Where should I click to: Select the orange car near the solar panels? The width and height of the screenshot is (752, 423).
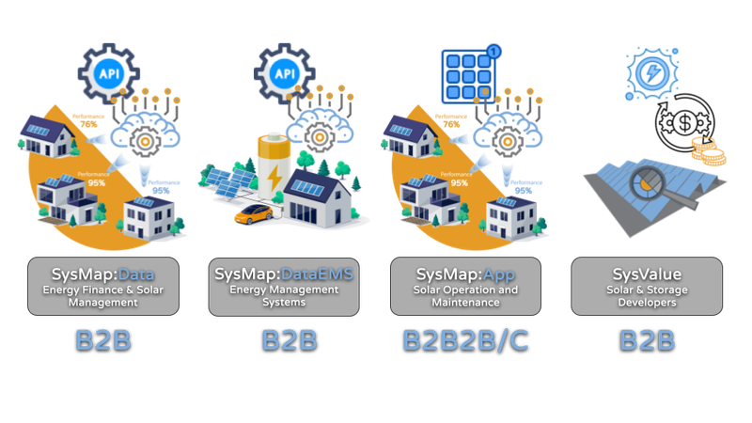(251, 215)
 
